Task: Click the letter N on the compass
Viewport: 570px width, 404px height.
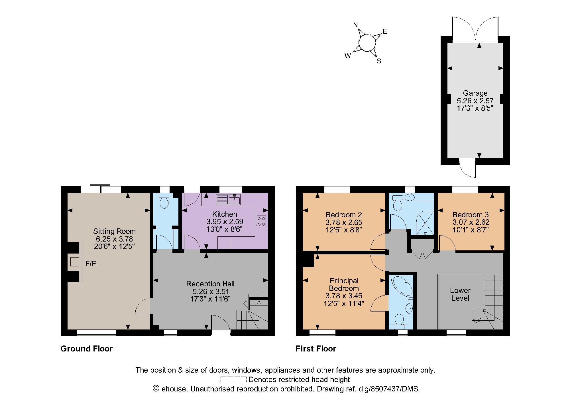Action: pyautogui.click(x=355, y=25)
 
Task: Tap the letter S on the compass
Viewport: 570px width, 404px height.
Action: pyautogui.click(x=379, y=61)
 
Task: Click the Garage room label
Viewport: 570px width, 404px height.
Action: pyautogui.click(x=475, y=93)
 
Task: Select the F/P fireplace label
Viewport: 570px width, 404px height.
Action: pyautogui.click(x=91, y=264)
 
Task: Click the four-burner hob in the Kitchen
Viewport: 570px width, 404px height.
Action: pyautogui.click(x=261, y=221)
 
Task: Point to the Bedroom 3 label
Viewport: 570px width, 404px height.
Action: pyautogui.click(x=471, y=215)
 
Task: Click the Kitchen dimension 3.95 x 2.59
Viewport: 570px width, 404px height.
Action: pyautogui.click(x=225, y=222)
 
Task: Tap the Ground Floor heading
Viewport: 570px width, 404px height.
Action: pyautogui.click(x=87, y=349)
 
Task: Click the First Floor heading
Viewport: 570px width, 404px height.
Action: pyautogui.click(x=316, y=349)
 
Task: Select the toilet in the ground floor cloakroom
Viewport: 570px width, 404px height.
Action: pyautogui.click(x=164, y=201)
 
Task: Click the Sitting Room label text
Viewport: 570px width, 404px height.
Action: pyautogui.click(x=114, y=231)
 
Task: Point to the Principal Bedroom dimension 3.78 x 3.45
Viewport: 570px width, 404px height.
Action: pyautogui.click(x=344, y=296)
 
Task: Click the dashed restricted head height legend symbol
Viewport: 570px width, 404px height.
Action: pyautogui.click(x=233, y=379)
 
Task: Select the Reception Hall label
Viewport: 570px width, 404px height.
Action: pyautogui.click(x=210, y=284)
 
